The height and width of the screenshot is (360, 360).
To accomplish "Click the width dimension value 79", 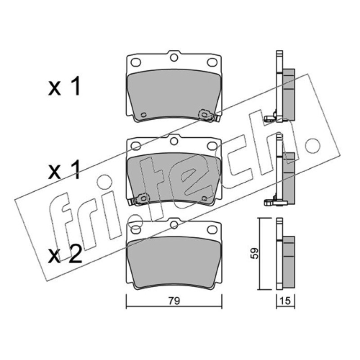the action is coord(174,301).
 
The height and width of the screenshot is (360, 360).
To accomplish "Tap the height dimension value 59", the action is coord(254,253).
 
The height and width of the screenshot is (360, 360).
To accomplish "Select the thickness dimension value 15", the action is coord(285,301).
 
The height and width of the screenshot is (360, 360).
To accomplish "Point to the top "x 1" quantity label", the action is coord(64,86).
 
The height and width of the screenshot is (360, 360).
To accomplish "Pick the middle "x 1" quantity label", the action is coord(64,170).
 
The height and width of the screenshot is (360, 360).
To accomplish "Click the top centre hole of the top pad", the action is coord(174,57).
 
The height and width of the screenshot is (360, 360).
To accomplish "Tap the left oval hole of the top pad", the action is coord(136,62).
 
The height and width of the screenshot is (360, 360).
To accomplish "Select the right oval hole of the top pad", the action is coord(212,62).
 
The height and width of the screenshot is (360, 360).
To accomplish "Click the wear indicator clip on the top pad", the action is coord(208,116).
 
